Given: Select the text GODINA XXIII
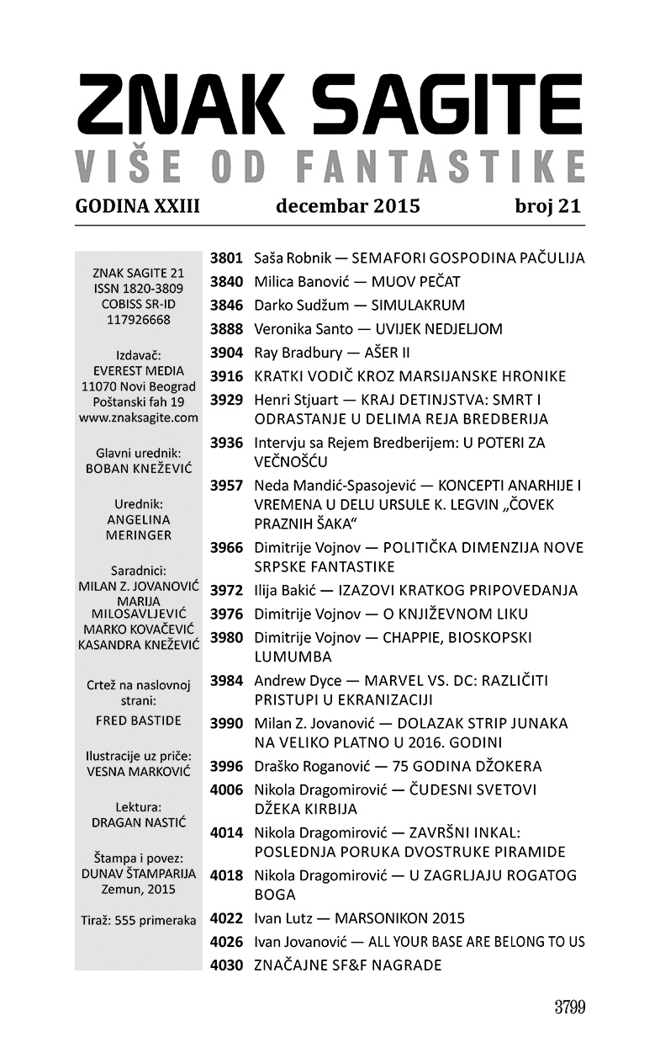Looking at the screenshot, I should [137, 206].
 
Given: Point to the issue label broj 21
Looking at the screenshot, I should [547, 206].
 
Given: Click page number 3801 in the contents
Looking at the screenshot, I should [226, 258].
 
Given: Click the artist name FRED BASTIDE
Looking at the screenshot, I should [139, 720].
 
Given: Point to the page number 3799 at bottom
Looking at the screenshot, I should [569, 1007].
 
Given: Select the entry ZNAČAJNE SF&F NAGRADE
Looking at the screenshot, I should [347, 965].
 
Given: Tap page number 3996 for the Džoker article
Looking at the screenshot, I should [226, 767].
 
